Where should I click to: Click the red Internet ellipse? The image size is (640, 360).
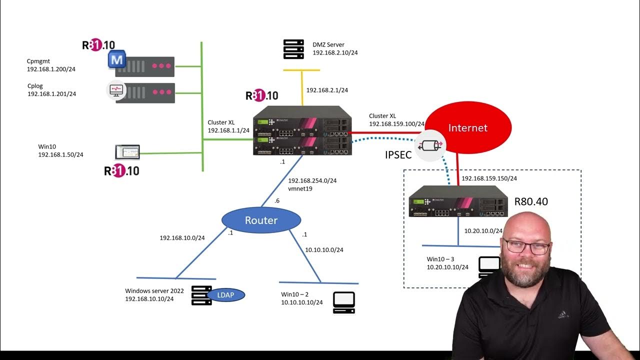tap(467, 127)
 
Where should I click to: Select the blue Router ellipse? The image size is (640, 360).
tap(261, 220)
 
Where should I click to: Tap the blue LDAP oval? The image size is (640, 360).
tap(225, 295)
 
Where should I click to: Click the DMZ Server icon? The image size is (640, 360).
tap(293, 49)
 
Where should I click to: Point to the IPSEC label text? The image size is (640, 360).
tap(398, 155)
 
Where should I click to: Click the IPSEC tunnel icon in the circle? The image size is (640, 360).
tap(430, 146)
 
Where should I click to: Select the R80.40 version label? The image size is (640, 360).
tap(531, 202)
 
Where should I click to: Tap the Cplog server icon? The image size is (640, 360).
tap(144, 92)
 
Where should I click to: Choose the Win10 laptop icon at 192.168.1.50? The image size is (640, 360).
tap(127, 152)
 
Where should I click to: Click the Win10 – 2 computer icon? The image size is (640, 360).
tap(344, 302)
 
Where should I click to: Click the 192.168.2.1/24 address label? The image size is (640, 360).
tap(327, 90)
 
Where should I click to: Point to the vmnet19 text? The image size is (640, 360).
tap(299, 189)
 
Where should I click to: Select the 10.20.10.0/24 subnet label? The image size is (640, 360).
tap(483, 231)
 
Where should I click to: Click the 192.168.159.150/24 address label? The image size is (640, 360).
tap(489, 178)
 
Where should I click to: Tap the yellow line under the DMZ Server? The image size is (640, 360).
tap(302, 70)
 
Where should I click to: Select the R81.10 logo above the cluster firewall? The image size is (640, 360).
tap(262, 95)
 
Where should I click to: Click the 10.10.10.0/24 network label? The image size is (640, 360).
tap(324, 249)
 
